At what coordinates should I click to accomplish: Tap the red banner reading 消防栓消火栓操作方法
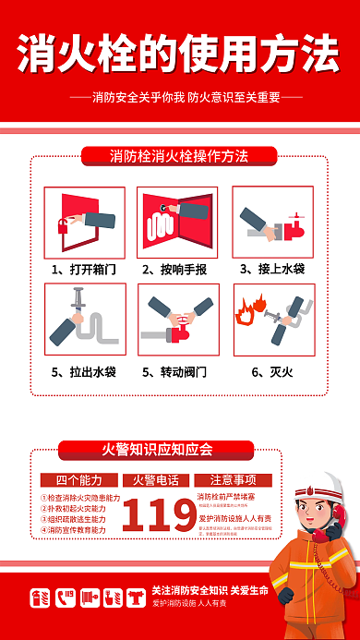[179, 156]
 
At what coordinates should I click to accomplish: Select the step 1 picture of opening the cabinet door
[85, 222]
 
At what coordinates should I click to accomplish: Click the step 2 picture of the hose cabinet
[178, 222]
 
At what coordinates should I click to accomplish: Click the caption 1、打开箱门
[85, 270]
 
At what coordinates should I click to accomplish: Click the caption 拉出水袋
[92, 372]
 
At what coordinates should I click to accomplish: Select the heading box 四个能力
[80, 480]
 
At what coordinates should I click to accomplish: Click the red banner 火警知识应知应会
[156, 450]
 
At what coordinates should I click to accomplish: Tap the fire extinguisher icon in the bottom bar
[41, 598]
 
